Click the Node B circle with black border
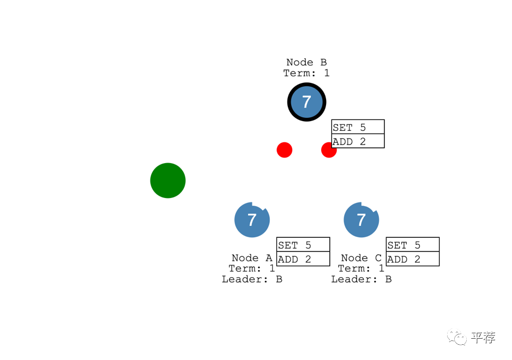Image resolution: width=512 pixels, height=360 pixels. tap(306, 102)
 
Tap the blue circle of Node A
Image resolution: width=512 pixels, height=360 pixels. tap(252, 220)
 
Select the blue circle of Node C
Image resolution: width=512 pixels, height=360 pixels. tap(361, 220)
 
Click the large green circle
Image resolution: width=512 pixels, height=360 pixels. tap(168, 181)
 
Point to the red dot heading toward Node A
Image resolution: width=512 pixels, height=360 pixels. tap(284, 149)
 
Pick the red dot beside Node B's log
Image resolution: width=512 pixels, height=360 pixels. tap(328, 149)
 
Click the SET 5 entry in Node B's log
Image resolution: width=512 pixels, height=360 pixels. tap(358, 127)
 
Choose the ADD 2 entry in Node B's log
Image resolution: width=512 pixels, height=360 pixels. tap(358, 141)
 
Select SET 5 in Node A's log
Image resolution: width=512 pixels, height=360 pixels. tap(303, 245)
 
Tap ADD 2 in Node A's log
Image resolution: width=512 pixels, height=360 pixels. tap(303, 259)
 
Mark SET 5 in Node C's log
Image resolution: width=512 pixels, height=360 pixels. tap(412, 245)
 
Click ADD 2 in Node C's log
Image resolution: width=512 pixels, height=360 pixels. tap(412, 259)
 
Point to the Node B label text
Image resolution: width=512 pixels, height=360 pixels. tap(306, 62)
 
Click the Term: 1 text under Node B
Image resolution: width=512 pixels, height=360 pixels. tap(306, 73)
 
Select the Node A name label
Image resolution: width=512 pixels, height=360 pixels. tap(251, 257)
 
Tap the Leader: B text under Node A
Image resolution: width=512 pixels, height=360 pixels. tap(252, 279)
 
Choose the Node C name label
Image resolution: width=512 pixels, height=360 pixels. tap(361, 257)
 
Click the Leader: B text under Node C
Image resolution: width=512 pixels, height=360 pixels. tap(361, 279)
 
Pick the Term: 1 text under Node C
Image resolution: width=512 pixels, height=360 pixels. tap(361, 268)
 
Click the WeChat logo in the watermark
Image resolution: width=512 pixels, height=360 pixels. tap(457, 338)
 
